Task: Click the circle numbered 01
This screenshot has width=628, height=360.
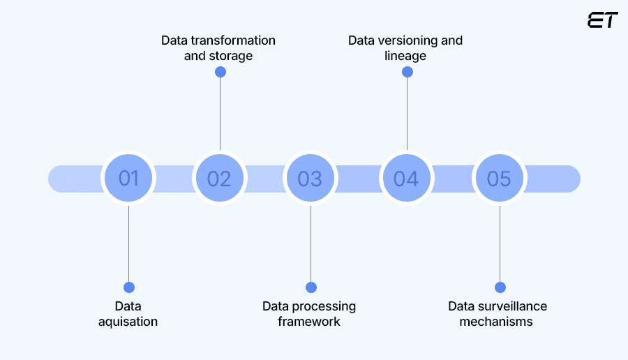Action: pos(128,179)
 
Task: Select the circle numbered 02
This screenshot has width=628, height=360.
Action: pos(219,179)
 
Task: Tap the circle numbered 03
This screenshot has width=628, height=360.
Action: pos(310,179)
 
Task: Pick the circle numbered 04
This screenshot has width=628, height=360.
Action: pos(406,179)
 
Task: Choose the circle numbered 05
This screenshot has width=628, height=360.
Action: pos(499,179)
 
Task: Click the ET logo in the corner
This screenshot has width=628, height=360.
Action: pos(602,20)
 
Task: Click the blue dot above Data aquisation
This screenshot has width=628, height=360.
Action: pos(128,287)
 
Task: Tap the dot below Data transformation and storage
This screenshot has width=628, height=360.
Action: pos(220,72)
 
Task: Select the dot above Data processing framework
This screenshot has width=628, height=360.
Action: pos(311,287)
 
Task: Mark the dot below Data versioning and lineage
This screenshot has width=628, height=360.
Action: pos(408,72)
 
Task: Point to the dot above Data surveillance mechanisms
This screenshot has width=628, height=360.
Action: pos(500,287)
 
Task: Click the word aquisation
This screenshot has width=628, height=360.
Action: pos(128,322)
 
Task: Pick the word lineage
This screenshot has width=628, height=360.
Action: pos(405,56)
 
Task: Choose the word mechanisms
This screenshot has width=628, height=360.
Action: pos(497,322)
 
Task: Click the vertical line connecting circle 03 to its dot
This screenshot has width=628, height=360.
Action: pos(311,244)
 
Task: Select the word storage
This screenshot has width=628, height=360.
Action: pos(230,56)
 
